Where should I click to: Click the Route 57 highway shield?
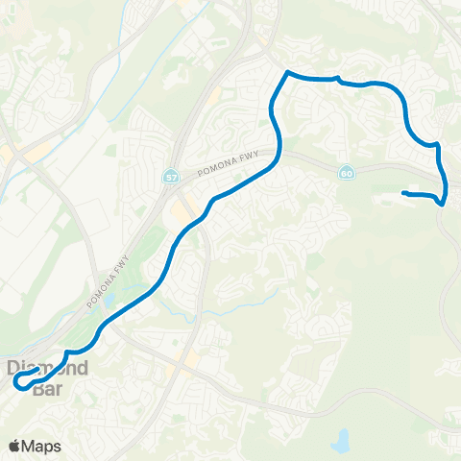[171, 178]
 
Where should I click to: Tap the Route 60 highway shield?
[346, 172]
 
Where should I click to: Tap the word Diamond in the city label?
[48, 368]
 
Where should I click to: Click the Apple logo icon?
[15, 446]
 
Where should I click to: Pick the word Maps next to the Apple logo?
[42, 446]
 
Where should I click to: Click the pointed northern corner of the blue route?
[286, 72]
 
